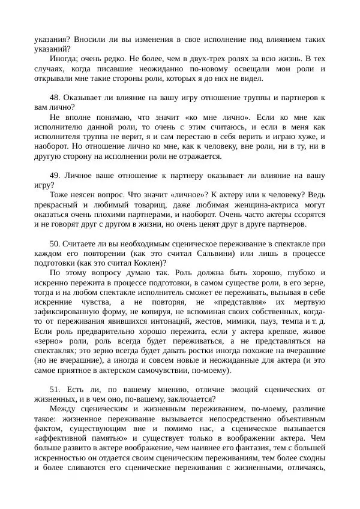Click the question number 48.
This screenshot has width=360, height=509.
(55, 97)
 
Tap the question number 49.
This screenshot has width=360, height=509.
(55, 176)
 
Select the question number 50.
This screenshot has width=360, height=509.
(55, 244)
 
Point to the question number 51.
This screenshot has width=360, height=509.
(55, 389)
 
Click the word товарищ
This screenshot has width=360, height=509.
(136, 205)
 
